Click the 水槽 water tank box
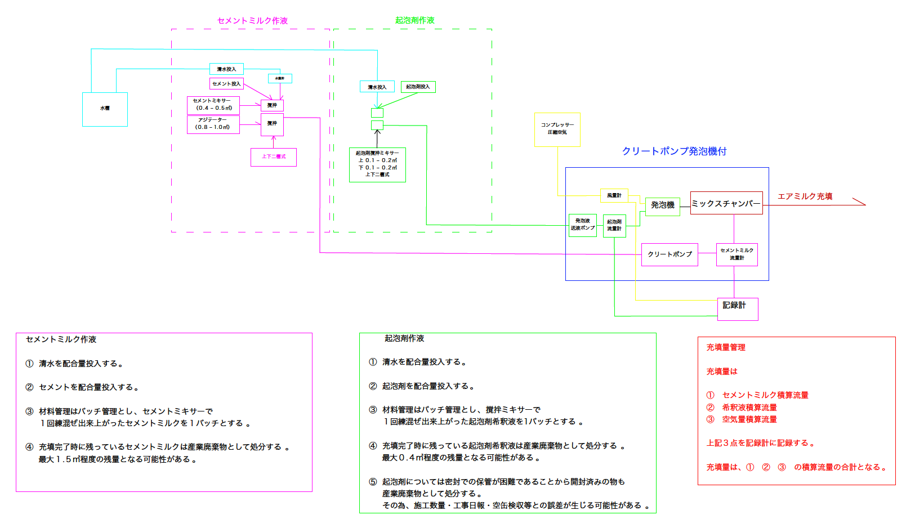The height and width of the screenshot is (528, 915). click(x=105, y=109)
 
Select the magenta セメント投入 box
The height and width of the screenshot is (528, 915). click(x=226, y=84)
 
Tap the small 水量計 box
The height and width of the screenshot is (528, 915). click(x=280, y=79)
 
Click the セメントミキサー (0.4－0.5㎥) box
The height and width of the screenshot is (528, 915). click(x=213, y=105)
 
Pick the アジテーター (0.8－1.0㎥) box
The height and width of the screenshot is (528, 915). click(x=213, y=124)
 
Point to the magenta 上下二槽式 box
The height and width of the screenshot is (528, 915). click(x=274, y=157)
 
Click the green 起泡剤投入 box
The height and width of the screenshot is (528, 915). click(x=418, y=87)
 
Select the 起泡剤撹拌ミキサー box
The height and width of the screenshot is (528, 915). click(x=377, y=164)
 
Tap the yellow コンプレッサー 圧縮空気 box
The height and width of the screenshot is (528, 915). click(x=557, y=129)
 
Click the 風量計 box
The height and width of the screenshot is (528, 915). click(x=614, y=195)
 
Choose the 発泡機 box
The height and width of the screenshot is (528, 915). click(x=663, y=205)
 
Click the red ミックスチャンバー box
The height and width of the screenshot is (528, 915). click(x=726, y=203)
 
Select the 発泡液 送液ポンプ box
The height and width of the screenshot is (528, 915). click(x=583, y=225)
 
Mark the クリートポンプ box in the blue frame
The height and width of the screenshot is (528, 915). click(x=669, y=254)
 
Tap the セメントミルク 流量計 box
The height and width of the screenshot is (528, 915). click(x=737, y=254)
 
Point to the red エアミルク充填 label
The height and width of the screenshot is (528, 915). click(x=805, y=196)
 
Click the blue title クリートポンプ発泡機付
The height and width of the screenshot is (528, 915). click(x=674, y=151)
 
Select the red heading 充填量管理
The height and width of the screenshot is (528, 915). click(x=726, y=348)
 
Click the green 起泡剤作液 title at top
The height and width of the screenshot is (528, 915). click(x=415, y=20)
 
